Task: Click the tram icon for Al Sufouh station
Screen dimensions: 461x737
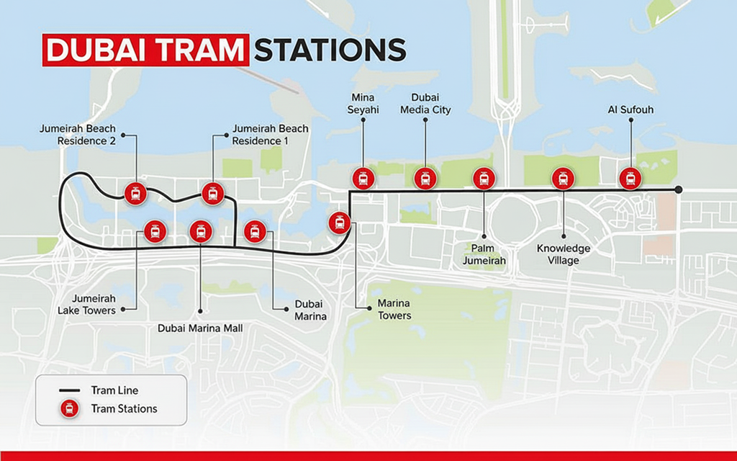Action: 630,178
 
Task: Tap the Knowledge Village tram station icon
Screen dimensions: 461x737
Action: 563,178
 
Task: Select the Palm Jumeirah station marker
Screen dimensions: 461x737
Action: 483,178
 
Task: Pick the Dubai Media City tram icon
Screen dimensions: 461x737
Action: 425,178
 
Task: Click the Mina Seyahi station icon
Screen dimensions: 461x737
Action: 361,178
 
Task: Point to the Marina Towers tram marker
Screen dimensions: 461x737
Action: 339,223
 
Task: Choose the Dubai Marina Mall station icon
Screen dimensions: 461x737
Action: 199,231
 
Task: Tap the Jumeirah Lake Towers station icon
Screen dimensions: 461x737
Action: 155,231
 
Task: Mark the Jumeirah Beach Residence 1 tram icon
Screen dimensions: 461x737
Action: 212,192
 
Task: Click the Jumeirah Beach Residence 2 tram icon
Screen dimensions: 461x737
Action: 135,192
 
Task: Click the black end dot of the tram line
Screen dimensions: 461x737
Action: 679,189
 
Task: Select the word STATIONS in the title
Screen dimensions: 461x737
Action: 330,50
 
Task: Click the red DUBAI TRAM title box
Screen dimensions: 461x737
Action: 146,50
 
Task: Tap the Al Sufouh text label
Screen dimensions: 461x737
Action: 630,110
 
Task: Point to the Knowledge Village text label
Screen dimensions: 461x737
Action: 563,254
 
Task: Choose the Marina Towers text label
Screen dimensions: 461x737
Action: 394,310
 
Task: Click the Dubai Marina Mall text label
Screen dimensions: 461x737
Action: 200,328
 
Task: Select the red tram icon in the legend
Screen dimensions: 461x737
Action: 68,408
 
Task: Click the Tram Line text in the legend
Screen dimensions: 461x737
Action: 114,390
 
